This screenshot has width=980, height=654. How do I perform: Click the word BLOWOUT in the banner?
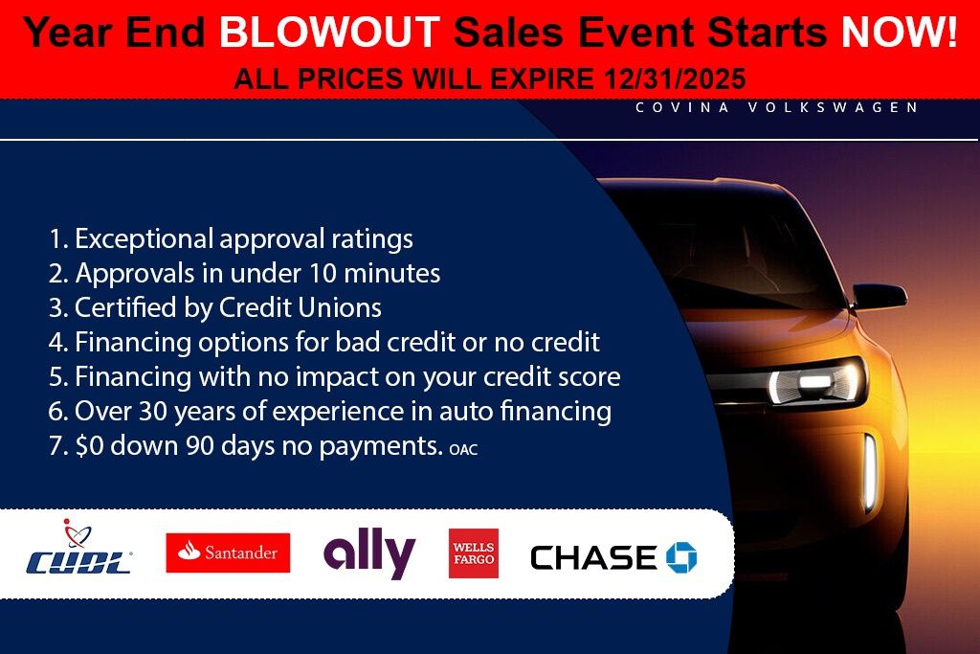click(330, 32)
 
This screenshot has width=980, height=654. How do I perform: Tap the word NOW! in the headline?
click(900, 32)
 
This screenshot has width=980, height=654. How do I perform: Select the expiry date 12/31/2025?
click(675, 79)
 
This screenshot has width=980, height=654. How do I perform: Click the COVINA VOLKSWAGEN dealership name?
click(777, 107)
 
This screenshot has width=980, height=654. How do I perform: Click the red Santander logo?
click(228, 553)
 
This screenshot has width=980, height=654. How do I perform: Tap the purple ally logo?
click(369, 553)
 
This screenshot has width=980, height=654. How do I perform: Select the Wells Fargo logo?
click(474, 553)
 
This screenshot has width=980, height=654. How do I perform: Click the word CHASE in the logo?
click(593, 557)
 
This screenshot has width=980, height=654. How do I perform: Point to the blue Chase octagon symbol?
click(681, 557)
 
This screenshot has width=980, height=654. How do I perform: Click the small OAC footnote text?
click(463, 449)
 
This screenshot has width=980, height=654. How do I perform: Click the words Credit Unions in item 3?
click(300, 307)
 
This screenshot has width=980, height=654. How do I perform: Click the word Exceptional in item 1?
click(145, 239)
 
